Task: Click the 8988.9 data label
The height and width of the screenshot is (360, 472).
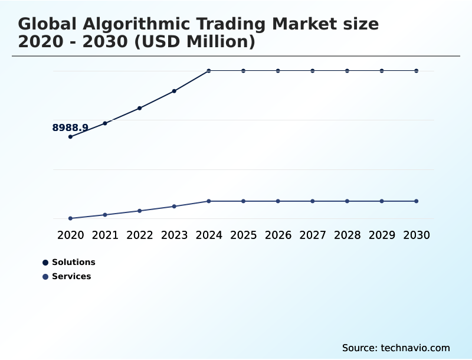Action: pyautogui.click(x=70, y=127)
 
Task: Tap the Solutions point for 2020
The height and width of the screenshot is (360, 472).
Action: pyautogui.click(x=70, y=137)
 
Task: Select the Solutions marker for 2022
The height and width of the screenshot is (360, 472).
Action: pyautogui.click(x=140, y=108)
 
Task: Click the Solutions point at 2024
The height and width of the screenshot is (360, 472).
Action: pyautogui.click(x=209, y=71)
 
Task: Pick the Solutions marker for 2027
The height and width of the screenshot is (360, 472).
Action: pyautogui.click(x=313, y=71)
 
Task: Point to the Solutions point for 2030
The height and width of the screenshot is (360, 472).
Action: pyautogui.click(x=417, y=71)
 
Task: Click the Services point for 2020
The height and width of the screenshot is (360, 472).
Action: pyautogui.click(x=70, y=218)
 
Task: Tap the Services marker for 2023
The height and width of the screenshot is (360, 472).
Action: pyautogui.click(x=174, y=207)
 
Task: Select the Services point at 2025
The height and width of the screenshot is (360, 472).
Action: pyautogui.click(x=243, y=201)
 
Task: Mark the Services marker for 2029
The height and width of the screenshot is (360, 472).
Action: pyautogui.click(x=382, y=201)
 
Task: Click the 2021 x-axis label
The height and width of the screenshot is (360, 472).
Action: pyautogui.click(x=105, y=235)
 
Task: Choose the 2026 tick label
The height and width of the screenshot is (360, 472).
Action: pyautogui.click(x=278, y=235)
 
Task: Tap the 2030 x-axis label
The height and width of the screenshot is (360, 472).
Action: pyautogui.click(x=417, y=235)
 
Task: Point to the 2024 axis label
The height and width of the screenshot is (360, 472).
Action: pyautogui.click(x=209, y=235)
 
